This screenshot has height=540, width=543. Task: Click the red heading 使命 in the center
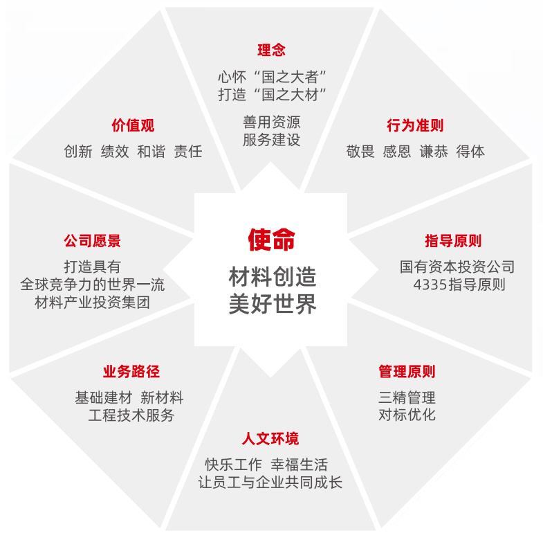tap(272, 240)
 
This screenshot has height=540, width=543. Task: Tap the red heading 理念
tap(271, 50)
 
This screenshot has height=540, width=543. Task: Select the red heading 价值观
tap(133, 125)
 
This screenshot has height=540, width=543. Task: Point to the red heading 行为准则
tap(415, 125)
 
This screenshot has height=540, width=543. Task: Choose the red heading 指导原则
tap(453, 241)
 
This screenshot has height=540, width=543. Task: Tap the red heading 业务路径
tap(131, 372)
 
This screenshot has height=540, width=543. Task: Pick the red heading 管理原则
tap(407, 372)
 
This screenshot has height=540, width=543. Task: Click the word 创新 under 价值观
tap(77, 152)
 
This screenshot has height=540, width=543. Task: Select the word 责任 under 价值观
tap(188, 152)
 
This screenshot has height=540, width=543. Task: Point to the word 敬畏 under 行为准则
tap(360, 152)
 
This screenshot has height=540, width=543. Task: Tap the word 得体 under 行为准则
tap(470, 152)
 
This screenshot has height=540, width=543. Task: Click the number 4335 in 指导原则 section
tap(430, 285)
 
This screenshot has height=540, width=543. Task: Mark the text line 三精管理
tap(407, 397)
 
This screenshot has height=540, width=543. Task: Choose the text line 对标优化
tap(407, 415)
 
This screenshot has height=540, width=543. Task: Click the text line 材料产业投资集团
tap(92, 303)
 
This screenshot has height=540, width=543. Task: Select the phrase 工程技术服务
tap(131, 415)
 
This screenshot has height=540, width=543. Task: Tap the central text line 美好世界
tap(272, 305)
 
